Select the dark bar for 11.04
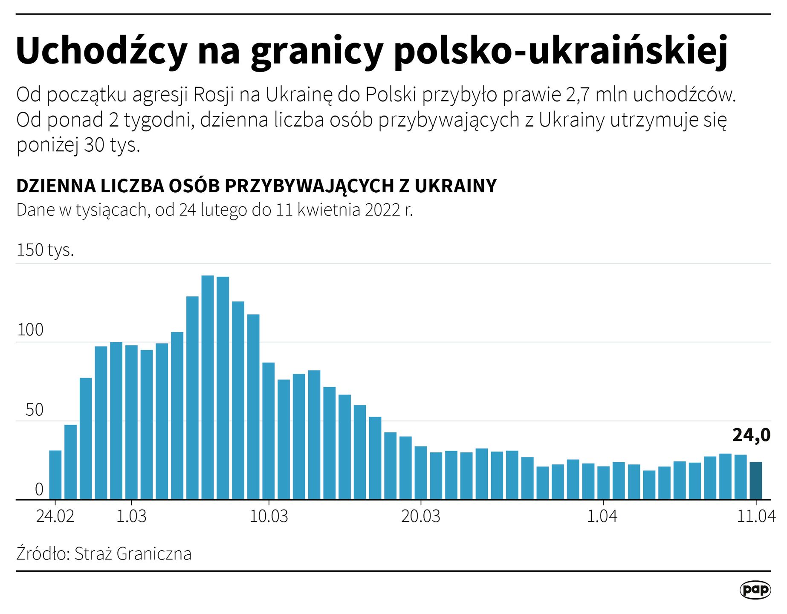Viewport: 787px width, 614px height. click(x=756, y=481)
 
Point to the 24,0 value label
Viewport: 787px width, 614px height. click(x=751, y=435)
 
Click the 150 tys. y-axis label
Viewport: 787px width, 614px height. click(x=45, y=250)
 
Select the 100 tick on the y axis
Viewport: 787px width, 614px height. click(x=30, y=330)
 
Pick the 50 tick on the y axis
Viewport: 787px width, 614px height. click(x=34, y=410)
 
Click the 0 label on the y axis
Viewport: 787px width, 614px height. click(x=39, y=489)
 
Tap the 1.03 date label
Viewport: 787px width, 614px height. click(x=131, y=516)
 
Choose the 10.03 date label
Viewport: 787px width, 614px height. click(x=269, y=516)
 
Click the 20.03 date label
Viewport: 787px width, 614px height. click(x=420, y=516)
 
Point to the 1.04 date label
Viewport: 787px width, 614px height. click(x=602, y=516)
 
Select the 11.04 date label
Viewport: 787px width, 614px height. click(x=756, y=516)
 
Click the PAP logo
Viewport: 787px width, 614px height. click(x=755, y=590)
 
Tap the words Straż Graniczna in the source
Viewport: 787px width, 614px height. click(x=133, y=554)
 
